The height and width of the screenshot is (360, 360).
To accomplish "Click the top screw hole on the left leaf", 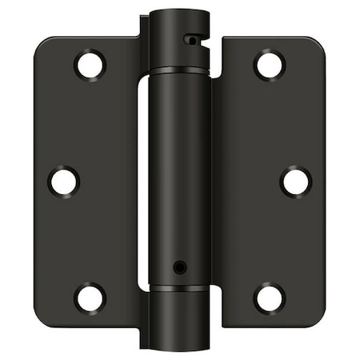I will (x=90, y=64).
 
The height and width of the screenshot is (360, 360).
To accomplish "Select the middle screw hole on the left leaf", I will (x=64, y=180).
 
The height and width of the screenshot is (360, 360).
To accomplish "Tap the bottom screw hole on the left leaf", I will (x=90, y=298).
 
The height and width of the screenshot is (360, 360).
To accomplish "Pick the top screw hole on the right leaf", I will (x=270, y=64).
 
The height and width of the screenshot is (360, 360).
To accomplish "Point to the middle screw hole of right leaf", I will (x=295, y=182).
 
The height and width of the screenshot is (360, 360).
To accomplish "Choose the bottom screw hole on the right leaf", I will (x=270, y=298).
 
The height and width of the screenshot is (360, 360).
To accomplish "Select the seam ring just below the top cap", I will (x=178, y=70).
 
